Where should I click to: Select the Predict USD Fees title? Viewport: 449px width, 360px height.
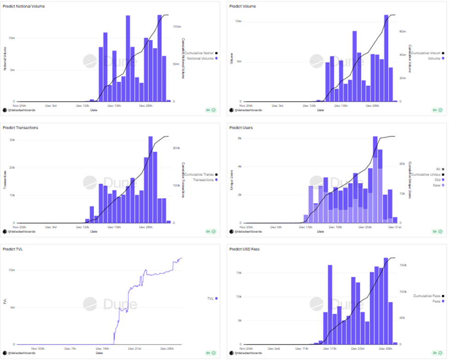245,249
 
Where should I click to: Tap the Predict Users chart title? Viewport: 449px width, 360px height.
241,128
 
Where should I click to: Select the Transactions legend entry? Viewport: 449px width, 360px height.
202,180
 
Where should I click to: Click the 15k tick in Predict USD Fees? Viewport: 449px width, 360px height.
239,273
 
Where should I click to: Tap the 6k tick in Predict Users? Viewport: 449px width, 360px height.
239,138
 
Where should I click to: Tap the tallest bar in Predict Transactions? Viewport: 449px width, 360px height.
150,180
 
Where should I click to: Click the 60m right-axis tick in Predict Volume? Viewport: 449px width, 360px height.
402,31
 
